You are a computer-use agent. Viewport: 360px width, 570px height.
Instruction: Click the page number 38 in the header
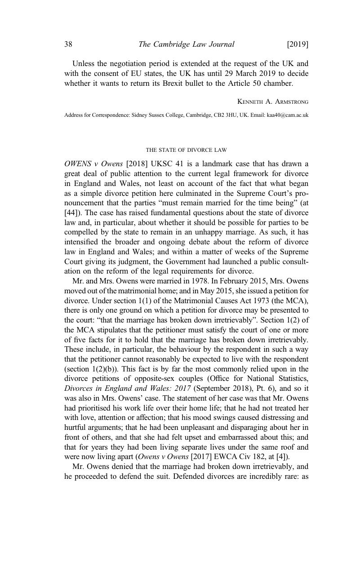[x=68, y=44]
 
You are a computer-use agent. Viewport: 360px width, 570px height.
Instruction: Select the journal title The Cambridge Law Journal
[x=186, y=44]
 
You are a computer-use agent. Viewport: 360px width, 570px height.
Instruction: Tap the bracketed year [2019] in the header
[x=298, y=44]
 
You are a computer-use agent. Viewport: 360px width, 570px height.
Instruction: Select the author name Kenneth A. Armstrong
[x=273, y=102]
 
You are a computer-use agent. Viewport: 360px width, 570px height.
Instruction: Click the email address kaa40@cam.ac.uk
[x=288, y=115]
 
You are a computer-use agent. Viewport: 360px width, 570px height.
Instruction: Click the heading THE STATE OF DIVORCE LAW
[x=186, y=150]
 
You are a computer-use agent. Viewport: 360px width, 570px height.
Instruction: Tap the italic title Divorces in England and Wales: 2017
[x=128, y=389]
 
